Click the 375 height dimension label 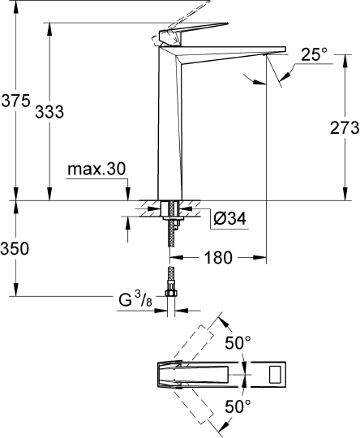[15, 101]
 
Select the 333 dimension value [49, 112]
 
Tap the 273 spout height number [345, 128]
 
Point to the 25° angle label [314, 54]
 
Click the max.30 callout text [96, 169]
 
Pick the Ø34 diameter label [229, 218]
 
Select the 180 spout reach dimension [218, 257]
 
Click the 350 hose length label [15, 248]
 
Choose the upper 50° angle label [238, 343]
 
